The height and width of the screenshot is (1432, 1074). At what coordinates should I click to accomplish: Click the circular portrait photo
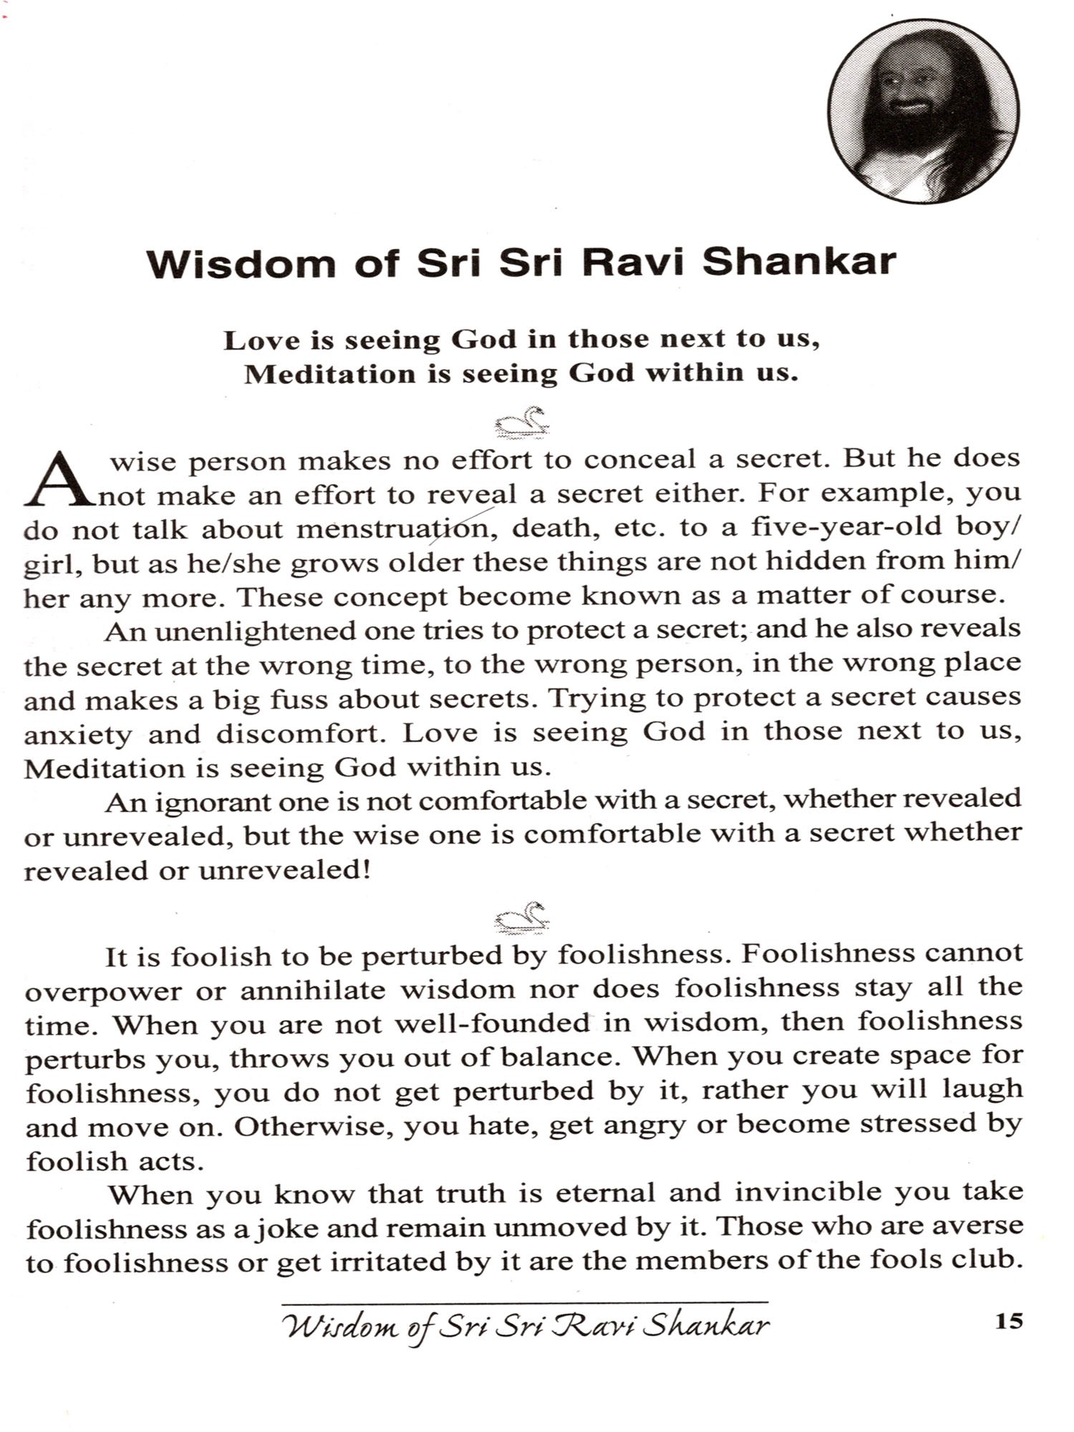click(x=923, y=111)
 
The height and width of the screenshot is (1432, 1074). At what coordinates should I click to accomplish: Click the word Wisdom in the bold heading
click(x=241, y=263)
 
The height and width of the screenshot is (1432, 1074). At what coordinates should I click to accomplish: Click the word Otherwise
click(x=314, y=1126)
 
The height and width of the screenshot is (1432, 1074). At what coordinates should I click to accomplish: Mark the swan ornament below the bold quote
click(x=523, y=422)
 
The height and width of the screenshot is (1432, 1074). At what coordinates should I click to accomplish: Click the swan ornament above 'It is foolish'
click(x=523, y=917)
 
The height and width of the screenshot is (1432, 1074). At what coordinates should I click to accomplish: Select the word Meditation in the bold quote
click(x=329, y=374)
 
